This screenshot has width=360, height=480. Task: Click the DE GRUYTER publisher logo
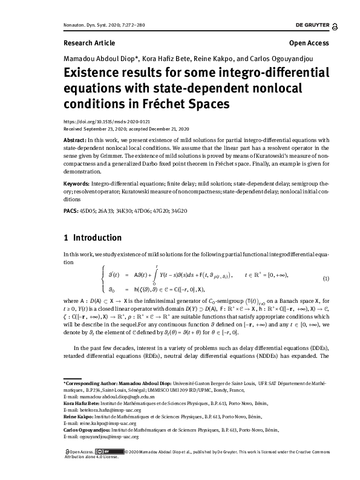(x=312, y=26)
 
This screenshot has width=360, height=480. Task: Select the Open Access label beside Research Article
(x=309, y=44)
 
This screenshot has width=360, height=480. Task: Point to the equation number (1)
(x=326, y=278)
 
